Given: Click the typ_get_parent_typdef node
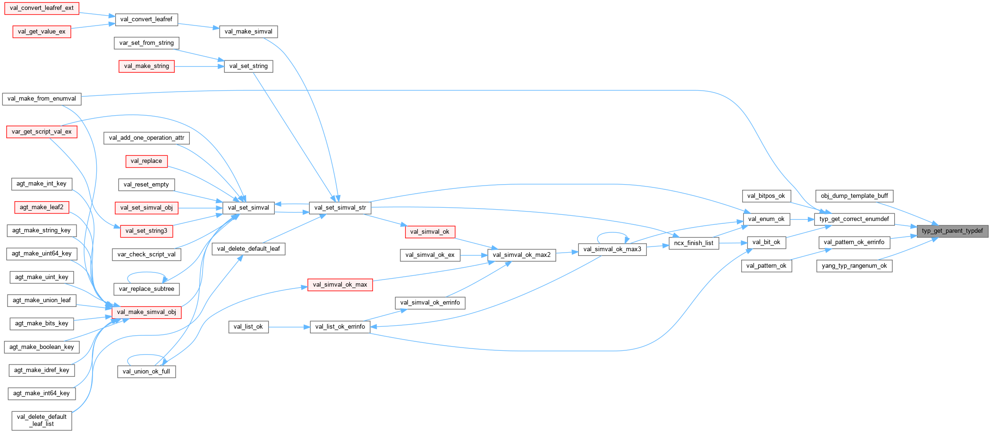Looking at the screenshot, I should pyautogui.click(x=952, y=231).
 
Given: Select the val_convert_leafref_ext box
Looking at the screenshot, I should pyautogui.click(x=42, y=8).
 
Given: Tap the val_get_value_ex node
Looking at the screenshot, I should pyautogui.click(x=42, y=32).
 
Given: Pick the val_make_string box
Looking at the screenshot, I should pyautogui.click(x=146, y=66).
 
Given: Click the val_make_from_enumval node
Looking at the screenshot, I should pyautogui.click(x=42, y=99).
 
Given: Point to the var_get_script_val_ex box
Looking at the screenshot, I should pyautogui.click(x=42, y=132).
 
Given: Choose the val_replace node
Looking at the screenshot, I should pyautogui.click(x=146, y=161).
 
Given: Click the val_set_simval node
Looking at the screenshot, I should pyautogui.click(x=248, y=208).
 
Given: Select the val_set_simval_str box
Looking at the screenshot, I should pyautogui.click(x=340, y=208).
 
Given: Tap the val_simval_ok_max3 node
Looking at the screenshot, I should pyautogui.click(x=612, y=249).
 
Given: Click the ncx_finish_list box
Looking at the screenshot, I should pyautogui.click(x=694, y=243).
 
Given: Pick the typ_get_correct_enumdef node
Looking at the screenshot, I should pyautogui.click(x=854, y=219).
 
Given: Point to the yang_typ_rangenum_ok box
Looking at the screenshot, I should pyautogui.click(x=854, y=266).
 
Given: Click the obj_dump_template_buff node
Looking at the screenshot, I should pyautogui.click(x=854, y=196).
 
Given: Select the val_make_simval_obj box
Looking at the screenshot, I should pyautogui.click(x=146, y=312).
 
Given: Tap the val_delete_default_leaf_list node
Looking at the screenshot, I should pyautogui.click(x=42, y=420).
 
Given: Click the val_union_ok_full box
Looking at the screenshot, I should pyautogui.click(x=146, y=372).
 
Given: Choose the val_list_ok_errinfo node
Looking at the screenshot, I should pyautogui.click(x=340, y=327).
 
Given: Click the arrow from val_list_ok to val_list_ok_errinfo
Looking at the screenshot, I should pyautogui.click(x=289, y=327).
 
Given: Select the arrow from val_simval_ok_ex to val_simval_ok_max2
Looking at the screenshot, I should pyautogui.click(x=474, y=255).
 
